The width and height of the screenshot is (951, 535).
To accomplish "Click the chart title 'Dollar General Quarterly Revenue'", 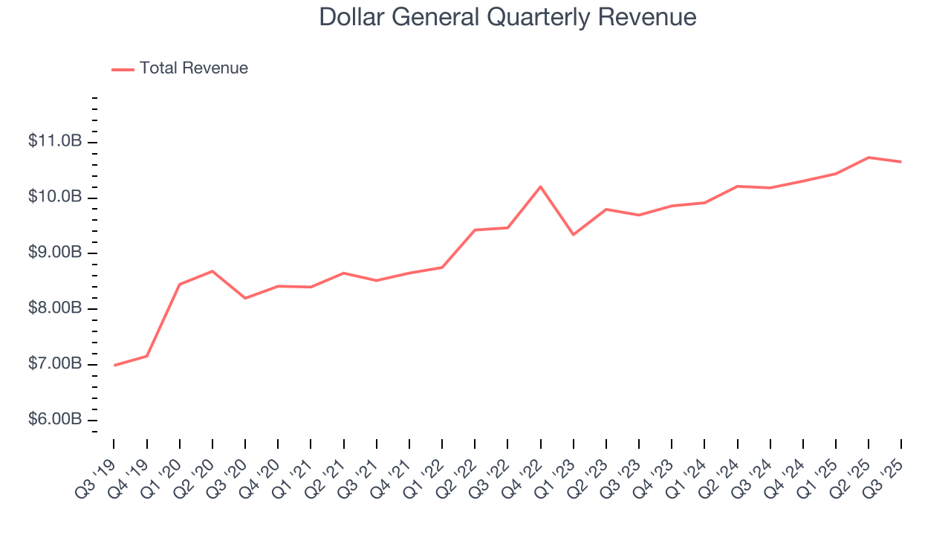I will click(x=507, y=17).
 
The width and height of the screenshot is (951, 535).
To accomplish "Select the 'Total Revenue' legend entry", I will click(x=193, y=68).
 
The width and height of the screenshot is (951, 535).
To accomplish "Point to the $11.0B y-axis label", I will click(x=56, y=141).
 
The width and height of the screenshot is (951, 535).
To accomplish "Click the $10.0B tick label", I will click(x=56, y=197).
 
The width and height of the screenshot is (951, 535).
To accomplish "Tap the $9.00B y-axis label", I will click(x=56, y=253).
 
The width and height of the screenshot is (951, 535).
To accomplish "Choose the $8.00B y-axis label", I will click(x=56, y=308).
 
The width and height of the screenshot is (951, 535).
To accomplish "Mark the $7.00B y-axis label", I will click(x=56, y=364).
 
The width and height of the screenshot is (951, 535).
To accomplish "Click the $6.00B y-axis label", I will click(x=56, y=420).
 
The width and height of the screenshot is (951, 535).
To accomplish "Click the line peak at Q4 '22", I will click(x=540, y=187).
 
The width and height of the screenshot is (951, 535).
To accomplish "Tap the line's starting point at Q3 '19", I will click(x=114, y=365).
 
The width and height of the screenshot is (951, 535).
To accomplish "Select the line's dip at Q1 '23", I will click(x=573, y=235).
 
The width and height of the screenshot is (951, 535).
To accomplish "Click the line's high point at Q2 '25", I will click(x=869, y=158).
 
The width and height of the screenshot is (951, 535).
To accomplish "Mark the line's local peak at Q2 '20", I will click(x=212, y=271).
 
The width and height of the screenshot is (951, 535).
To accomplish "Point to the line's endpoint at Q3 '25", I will click(x=901, y=162).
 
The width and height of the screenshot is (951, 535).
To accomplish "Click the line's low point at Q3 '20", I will click(x=245, y=298).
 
